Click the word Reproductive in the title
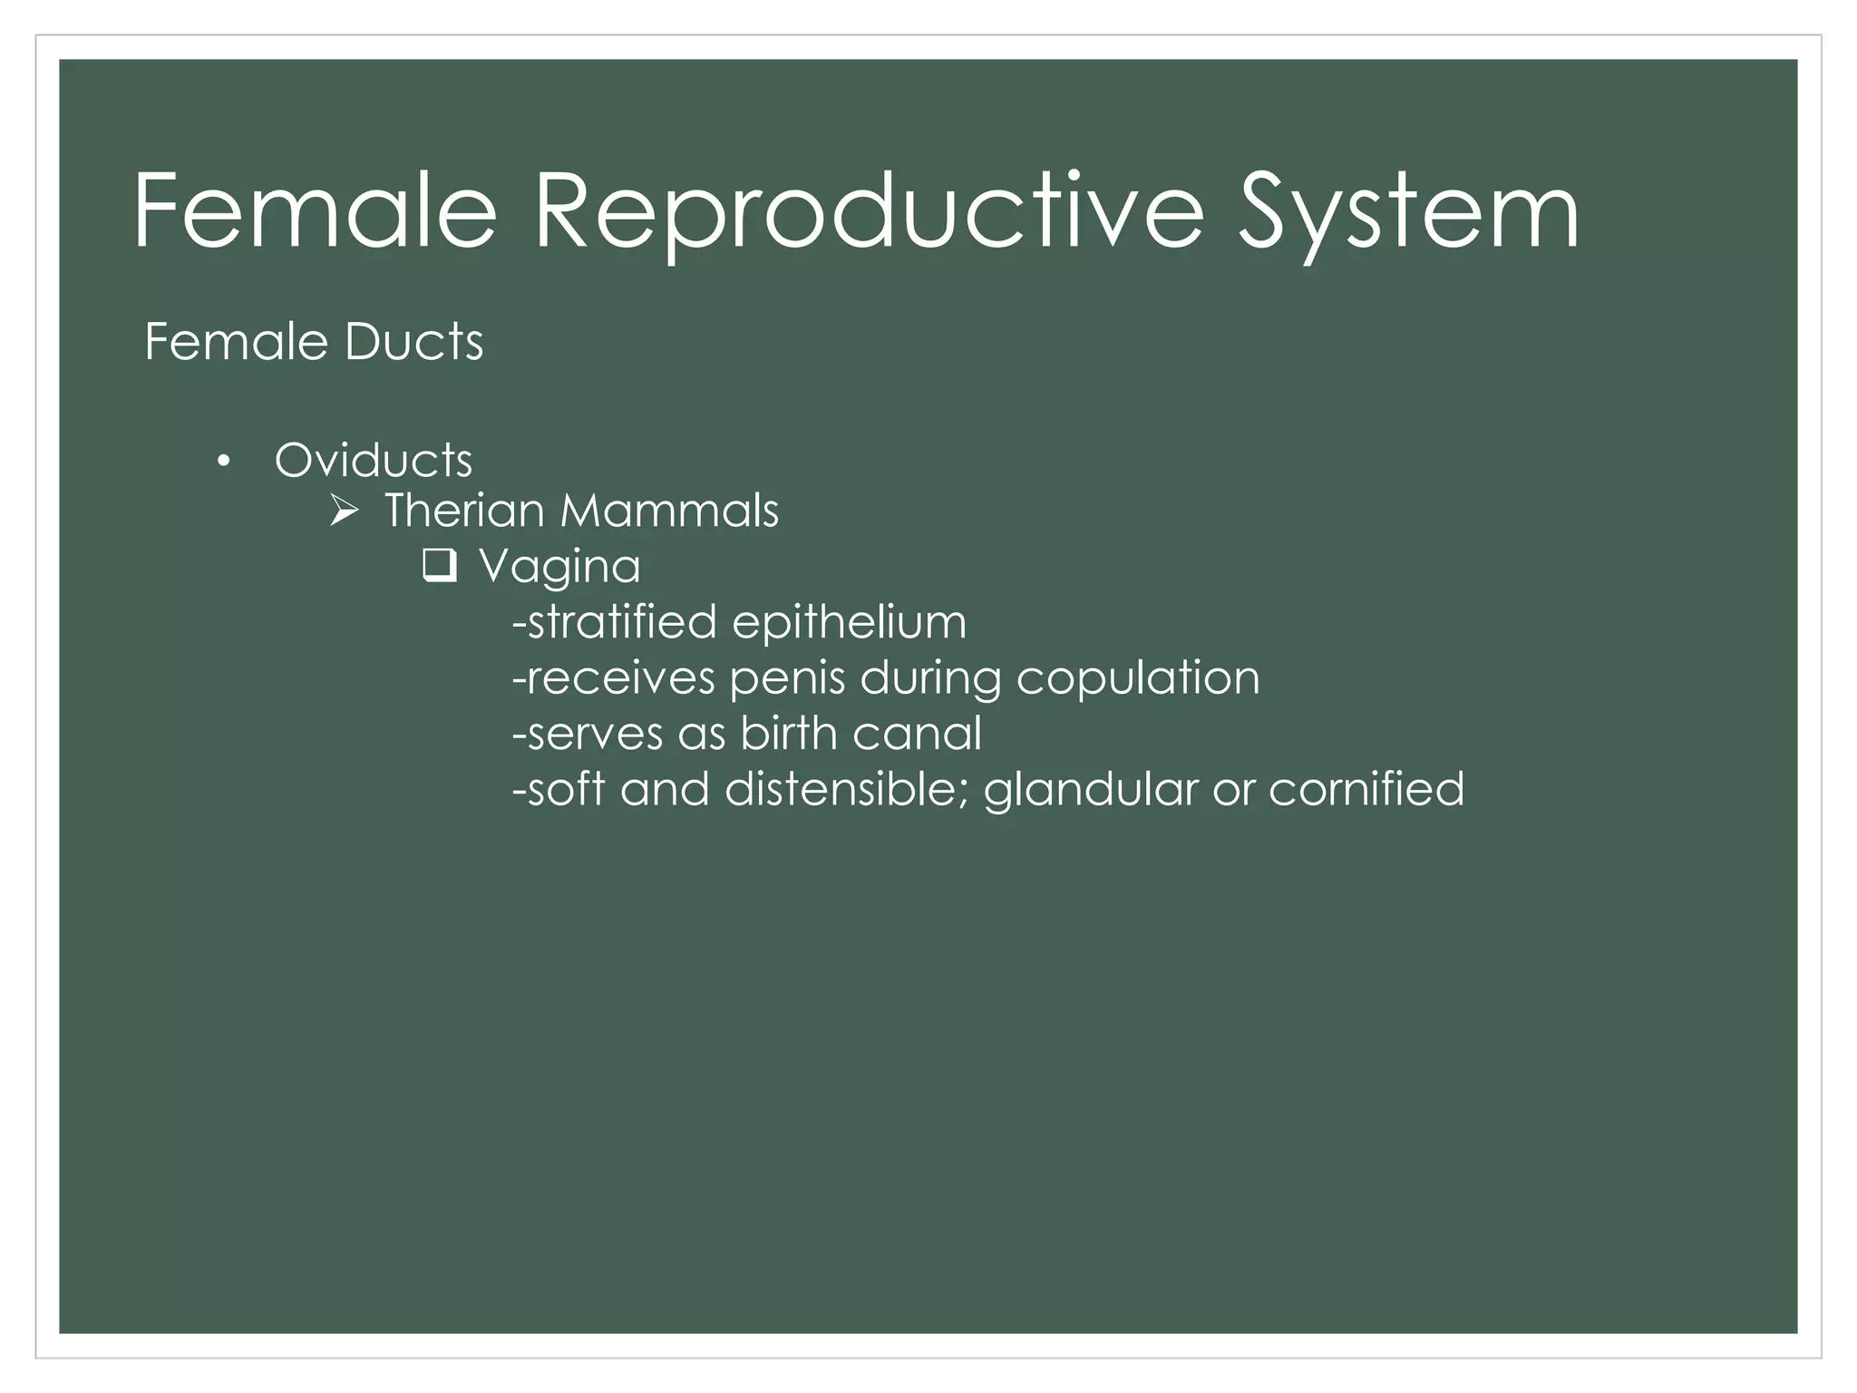pos(868,213)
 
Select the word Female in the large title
pos(316,213)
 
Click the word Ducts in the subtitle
pos(413,342)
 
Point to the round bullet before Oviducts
pos(223,463)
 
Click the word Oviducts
pos(374,461)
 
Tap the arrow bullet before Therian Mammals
pos(344,512)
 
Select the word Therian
pos(463,511)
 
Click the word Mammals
pos(669,511)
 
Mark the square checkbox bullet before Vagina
pos(439,567)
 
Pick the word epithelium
pos(849,623)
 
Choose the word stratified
pos(622,623)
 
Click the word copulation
pos(1137,679)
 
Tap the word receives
pos(620,679)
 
